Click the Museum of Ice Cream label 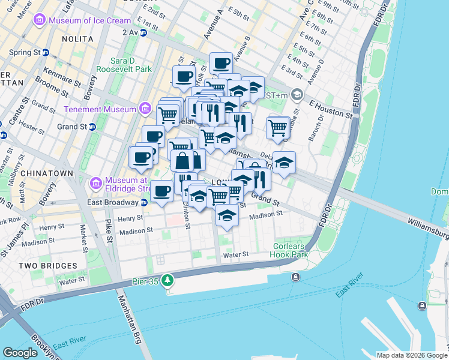[82, 21]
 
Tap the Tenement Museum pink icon [145, 109]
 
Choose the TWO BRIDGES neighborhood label [47, 265]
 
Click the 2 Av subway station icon [143, 32]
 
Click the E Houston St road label [331, 109]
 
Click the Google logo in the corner [20, 353]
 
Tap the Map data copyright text [411, 355]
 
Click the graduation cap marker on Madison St [226, 215]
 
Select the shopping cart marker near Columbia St [278, 127]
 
